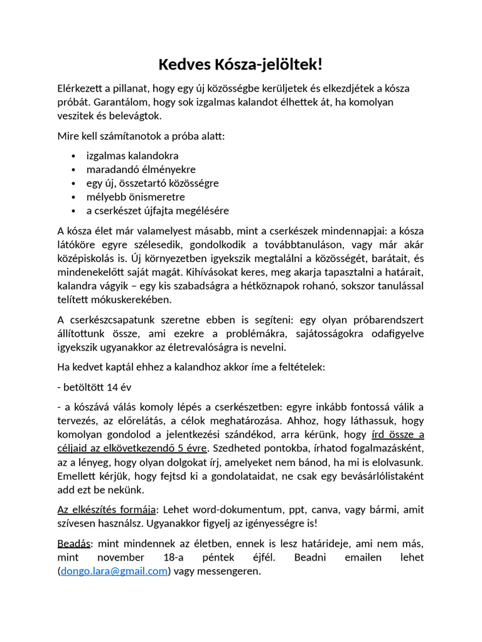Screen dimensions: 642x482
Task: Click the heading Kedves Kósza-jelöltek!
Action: coord(240,65)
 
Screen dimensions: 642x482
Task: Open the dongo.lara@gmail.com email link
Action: coord(115,571)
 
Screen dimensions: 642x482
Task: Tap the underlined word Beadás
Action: coord(73,544)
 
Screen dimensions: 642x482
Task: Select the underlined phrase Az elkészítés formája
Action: coord(106,510)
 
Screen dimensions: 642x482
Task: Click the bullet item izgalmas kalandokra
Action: coord(132,155)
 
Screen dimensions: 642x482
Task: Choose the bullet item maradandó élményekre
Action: coord(141,169)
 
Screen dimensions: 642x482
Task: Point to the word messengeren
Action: coord(230,571)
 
